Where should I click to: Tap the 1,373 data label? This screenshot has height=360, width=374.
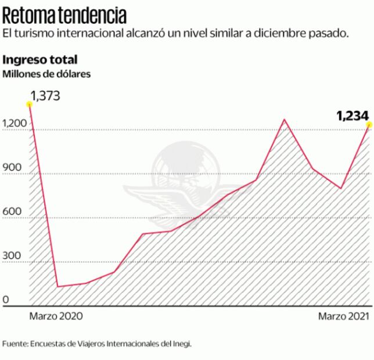(45, 96)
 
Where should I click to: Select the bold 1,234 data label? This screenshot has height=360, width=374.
(353, 116)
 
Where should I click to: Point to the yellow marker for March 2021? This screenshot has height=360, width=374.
(369, 124)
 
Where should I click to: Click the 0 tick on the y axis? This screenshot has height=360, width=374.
(6, 300)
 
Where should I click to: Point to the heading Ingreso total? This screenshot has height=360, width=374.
(40, 59)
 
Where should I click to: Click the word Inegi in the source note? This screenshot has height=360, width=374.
(182, 344)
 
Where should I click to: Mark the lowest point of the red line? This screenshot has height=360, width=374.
(58, 286)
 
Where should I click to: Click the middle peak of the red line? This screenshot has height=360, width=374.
(284, 120)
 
